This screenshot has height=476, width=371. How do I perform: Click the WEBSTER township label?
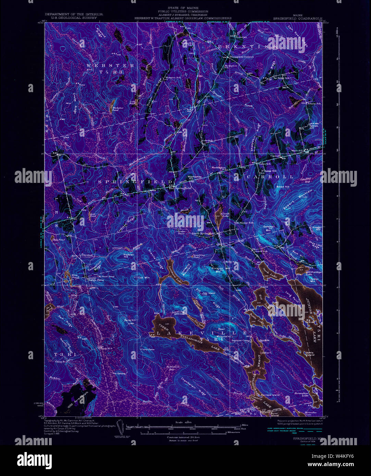(110, 65)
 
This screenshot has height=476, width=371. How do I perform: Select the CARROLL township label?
(269, 177)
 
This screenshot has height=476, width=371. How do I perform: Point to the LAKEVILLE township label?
(201, 333)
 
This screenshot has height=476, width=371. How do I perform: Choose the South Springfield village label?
(203, 234)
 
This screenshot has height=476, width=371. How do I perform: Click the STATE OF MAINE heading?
(183, 8)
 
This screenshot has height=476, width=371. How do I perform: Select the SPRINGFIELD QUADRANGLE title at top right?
(298, 18)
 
